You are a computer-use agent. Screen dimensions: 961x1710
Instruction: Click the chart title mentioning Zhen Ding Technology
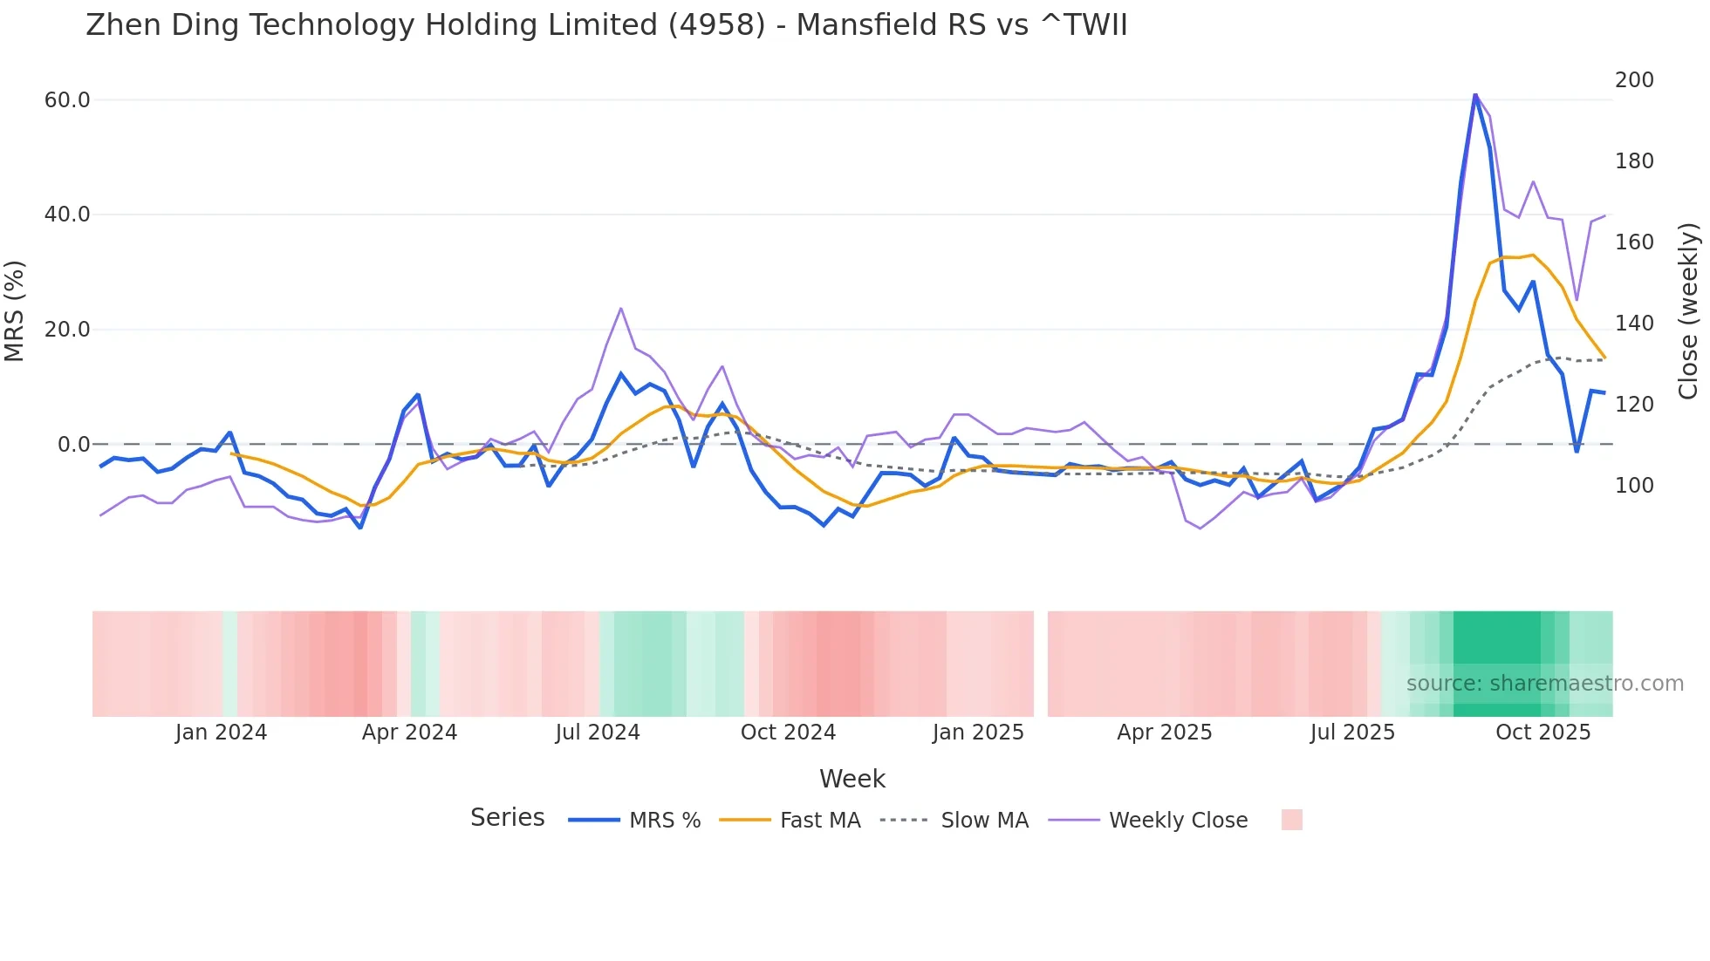click(606, 25)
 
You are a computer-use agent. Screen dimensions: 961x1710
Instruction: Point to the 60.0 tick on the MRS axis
click(67, 100)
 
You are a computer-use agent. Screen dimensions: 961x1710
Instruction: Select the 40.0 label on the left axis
click(67, 215)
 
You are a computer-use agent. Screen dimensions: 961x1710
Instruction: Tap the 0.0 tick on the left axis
click(73, 445)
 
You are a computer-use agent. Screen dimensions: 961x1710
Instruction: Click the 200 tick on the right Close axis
click(1634, 80)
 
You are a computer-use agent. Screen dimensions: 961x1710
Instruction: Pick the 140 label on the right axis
click(1634, 324)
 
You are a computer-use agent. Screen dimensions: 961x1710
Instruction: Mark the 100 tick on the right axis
click(1634, 486)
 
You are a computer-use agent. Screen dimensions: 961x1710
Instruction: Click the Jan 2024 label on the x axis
click(221, 733)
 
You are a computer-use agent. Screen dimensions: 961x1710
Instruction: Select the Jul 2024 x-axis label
click(598, 733)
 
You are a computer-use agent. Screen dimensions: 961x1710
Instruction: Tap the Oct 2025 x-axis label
click(1542, 733)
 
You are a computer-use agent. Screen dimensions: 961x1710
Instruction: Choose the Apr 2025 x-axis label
click(1165, 733)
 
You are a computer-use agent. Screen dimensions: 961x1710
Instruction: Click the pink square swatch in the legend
click(1291, 820)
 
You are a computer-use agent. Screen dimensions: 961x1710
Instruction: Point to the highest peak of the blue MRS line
click(1474, 95)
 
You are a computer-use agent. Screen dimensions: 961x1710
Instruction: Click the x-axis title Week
click(852, 779)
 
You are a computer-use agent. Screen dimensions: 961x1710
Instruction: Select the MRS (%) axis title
click(14, 311)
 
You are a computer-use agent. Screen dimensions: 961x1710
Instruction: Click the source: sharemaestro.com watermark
click(1544, 684)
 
